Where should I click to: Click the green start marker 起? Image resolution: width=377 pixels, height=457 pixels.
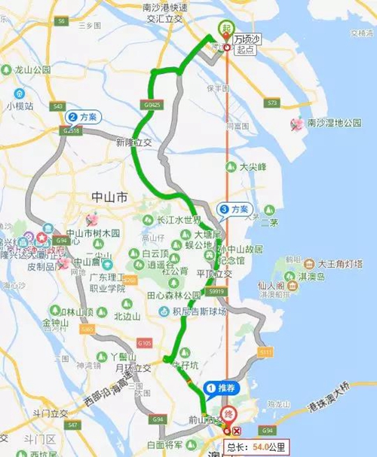tap(225, 29)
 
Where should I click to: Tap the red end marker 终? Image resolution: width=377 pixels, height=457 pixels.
tap(228, 414)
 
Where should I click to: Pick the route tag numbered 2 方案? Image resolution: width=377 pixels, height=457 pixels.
tap(83, 117)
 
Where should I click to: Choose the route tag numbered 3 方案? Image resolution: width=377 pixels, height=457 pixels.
tap(234, 208)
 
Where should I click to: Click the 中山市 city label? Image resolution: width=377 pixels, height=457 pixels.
tap(109, 198)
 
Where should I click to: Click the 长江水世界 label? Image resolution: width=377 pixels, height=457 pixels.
tap(178, 220)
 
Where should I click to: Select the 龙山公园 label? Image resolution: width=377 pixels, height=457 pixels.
tap(34, 69)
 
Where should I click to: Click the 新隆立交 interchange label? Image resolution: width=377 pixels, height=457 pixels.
tap(133, 143)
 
